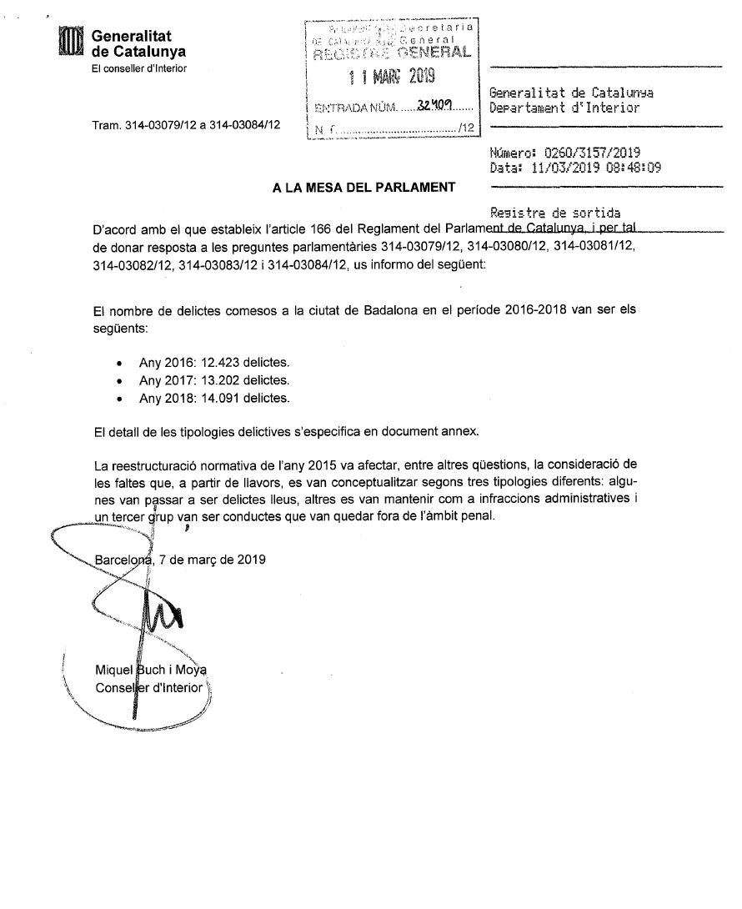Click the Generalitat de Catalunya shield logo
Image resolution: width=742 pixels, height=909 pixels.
tap(71, 43)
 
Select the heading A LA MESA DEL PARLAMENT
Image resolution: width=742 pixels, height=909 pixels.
tap(364, 188)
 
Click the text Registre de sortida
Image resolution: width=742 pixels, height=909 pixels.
tap(556, 213)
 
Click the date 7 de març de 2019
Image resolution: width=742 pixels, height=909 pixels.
tap(212, 560)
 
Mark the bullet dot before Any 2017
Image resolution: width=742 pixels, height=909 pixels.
tap(123, 382)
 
